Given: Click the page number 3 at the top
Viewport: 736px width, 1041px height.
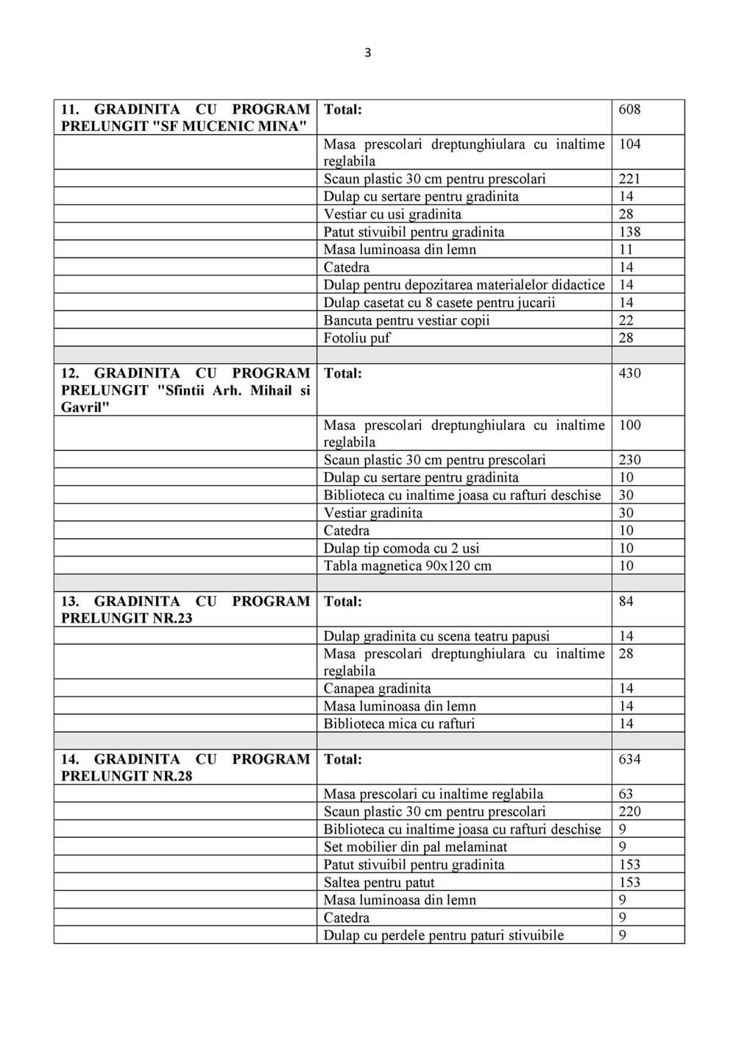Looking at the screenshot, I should tap(368, 52).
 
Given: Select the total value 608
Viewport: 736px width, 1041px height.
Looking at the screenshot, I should tap(629, 110).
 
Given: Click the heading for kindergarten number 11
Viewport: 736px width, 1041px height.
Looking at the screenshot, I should tap(185, 118).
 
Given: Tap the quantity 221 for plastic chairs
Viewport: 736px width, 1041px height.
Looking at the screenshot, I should tap(629, 179).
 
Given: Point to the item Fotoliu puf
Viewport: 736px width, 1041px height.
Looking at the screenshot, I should tap(357, 338).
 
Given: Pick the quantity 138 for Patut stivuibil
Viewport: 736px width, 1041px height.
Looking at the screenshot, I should tap(629, 232).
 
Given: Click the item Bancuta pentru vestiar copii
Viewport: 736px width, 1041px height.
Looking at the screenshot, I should tap(406, 320).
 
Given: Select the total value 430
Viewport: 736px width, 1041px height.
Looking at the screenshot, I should tap(629, 373).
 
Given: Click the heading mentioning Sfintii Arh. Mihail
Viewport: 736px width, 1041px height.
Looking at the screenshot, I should tap(185, 390).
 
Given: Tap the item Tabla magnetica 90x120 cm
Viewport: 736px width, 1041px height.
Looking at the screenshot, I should tap(407, 566).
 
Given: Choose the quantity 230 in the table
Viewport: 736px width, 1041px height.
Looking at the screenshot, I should tap(629, 460).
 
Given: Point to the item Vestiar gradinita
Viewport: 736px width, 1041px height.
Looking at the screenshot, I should tap(372, 513).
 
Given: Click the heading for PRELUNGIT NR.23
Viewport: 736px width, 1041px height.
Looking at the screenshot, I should tap(185, 610).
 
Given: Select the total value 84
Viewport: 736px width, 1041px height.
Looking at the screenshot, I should tap(626, 601).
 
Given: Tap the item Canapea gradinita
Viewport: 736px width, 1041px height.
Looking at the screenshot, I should tap(377, 688).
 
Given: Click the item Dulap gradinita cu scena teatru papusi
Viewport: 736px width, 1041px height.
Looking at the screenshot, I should tap(436, 636).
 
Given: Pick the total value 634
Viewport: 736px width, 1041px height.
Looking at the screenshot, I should tap(629, 759).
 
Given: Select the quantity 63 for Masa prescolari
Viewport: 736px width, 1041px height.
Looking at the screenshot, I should tap(626, 794).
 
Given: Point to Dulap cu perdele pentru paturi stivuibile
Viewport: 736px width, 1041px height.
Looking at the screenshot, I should tap(444, 936).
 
